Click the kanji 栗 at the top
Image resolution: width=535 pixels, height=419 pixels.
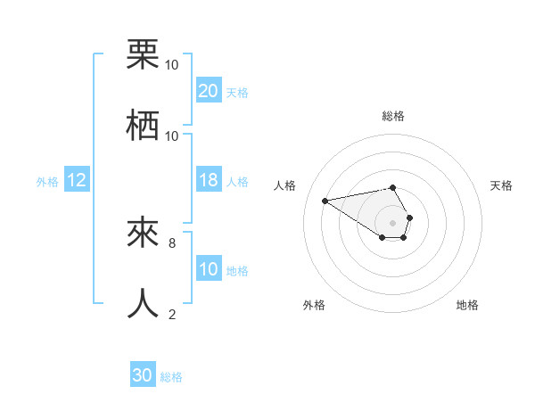pyautogui.click(x=143, y=55)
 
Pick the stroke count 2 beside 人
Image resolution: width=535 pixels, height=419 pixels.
pyautogui.click(x=172, y=313)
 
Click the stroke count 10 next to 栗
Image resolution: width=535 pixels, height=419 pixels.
pyautogui.click(x=172, y=64)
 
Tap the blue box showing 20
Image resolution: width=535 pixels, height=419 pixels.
pyautogui.click(x=209, y=91)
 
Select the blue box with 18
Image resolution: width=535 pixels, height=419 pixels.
pyautogui.click(x=209, y=180)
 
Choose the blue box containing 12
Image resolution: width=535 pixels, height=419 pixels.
pyautogui.click(x=77, y=180)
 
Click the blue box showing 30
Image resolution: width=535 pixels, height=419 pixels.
pyautogui.click(x=143, y=376)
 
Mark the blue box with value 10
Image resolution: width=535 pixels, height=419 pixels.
pyautogui.click(x=209, y=269)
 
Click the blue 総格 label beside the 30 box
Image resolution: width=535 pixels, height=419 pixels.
pyautogui.click(x=171, y=377)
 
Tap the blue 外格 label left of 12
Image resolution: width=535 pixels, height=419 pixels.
pyautogui.click(x=47, y=181)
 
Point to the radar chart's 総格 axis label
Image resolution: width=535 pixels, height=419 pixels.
pyautogui.click(x=393, y=116)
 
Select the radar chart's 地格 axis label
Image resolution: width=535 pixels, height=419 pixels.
pyautogui.click(x=467, y=305)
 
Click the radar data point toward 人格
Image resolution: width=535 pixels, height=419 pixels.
pyautogui.click(x=325, y=200)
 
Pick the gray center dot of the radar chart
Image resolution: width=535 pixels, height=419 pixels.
pyautogui.click(x=393, y=222)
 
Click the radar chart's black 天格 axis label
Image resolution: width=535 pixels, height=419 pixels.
pyautogui.click(x=501, y=185)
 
